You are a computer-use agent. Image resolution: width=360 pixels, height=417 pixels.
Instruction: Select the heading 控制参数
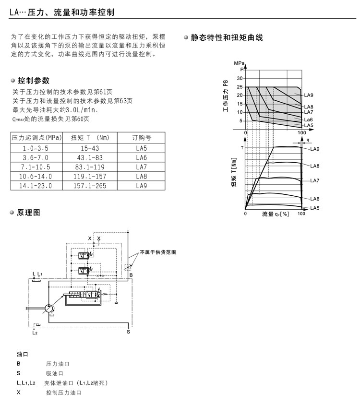click(33, 81)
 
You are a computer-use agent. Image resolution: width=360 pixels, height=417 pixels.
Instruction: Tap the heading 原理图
click(28, 213)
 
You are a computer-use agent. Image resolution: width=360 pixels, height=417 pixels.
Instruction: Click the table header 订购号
click(142, 138)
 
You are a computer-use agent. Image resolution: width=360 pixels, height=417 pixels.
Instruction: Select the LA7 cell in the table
click(142, 167)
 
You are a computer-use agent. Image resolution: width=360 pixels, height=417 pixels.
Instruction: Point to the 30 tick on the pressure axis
click(240, 79)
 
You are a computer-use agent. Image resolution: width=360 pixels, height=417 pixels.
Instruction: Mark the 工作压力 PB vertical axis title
click(225, 96)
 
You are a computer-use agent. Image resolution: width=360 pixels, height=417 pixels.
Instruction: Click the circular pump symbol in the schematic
click(50, 310)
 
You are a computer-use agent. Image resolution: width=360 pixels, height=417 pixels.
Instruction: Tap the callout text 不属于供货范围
click(158, 252)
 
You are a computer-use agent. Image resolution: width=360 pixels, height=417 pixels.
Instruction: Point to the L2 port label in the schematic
click(35, 332)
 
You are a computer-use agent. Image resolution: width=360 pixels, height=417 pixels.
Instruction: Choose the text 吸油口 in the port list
click(55, 373)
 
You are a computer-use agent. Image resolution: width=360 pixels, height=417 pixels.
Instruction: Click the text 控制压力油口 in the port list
click(64, 393)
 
